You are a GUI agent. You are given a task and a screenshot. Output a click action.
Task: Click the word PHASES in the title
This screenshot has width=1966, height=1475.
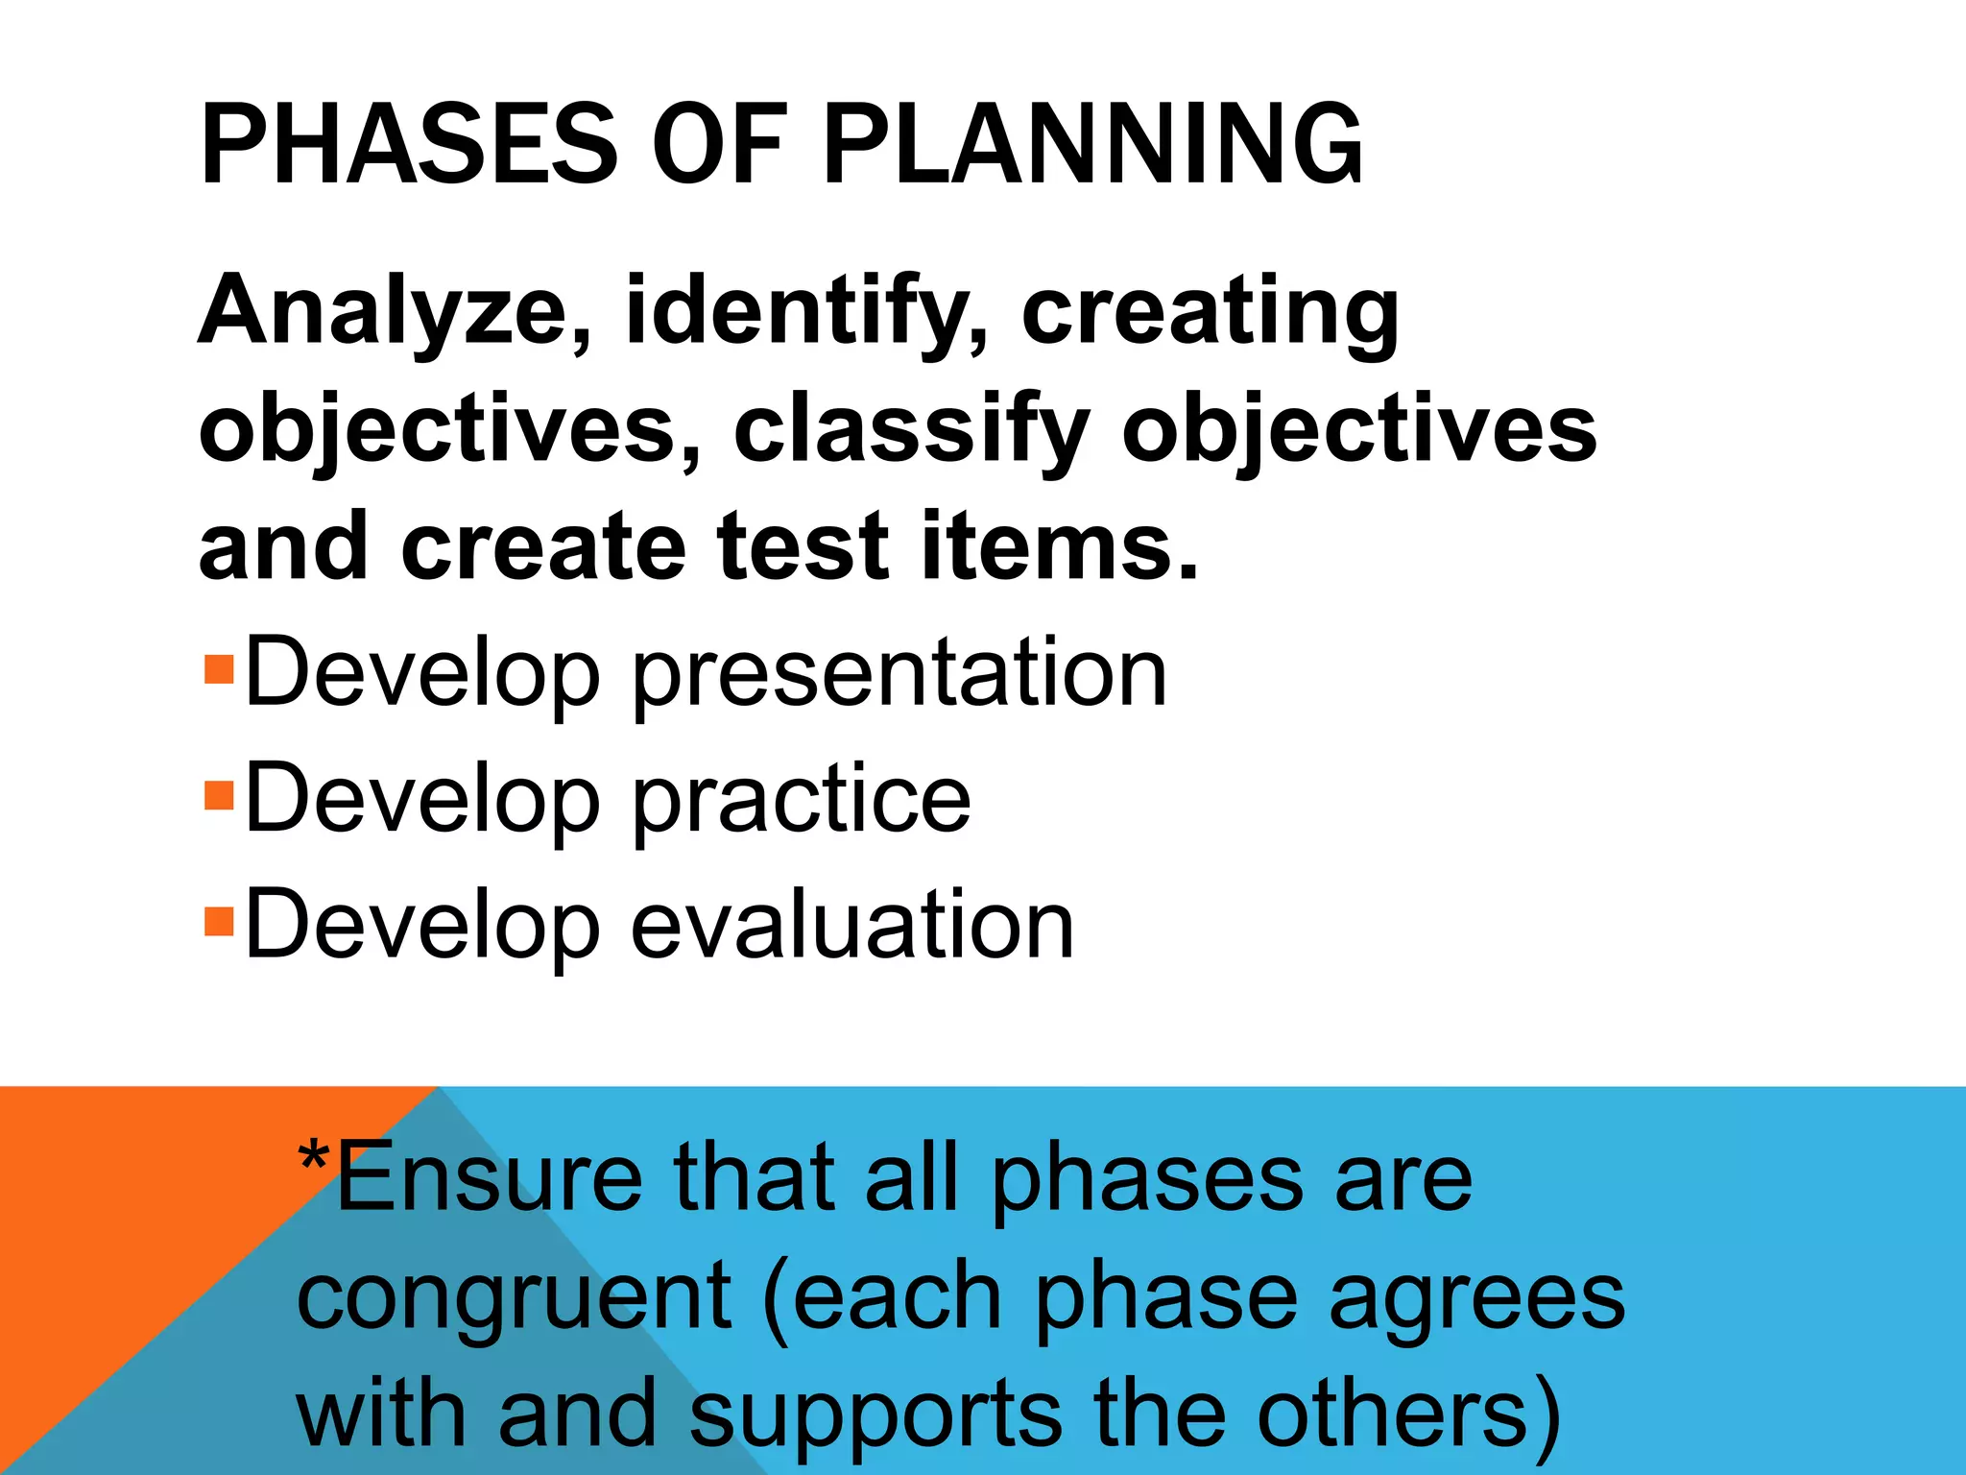pos(407,145)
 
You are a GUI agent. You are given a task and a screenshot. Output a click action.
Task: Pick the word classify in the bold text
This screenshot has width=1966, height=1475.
pos(912,429)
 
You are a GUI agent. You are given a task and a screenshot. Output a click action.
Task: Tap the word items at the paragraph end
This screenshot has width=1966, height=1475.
pos(1056,546)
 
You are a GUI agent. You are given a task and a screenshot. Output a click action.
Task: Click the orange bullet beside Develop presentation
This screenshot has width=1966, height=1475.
pos(219,668)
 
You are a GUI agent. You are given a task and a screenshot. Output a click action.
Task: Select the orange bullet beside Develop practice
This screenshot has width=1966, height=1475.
pos(219,795)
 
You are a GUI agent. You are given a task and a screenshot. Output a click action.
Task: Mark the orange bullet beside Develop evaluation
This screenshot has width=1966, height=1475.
pos(219,921)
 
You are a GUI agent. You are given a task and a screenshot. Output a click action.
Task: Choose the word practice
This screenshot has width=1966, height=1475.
pos(801,801)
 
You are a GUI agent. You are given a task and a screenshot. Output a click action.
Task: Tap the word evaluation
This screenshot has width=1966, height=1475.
pos(851,925)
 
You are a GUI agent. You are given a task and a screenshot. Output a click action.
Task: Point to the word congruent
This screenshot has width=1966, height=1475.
pos(514,1297)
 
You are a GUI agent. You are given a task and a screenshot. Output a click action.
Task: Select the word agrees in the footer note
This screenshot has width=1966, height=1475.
pos(1476,1297)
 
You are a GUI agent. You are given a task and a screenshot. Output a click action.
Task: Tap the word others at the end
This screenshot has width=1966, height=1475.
pos(1392,1413)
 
